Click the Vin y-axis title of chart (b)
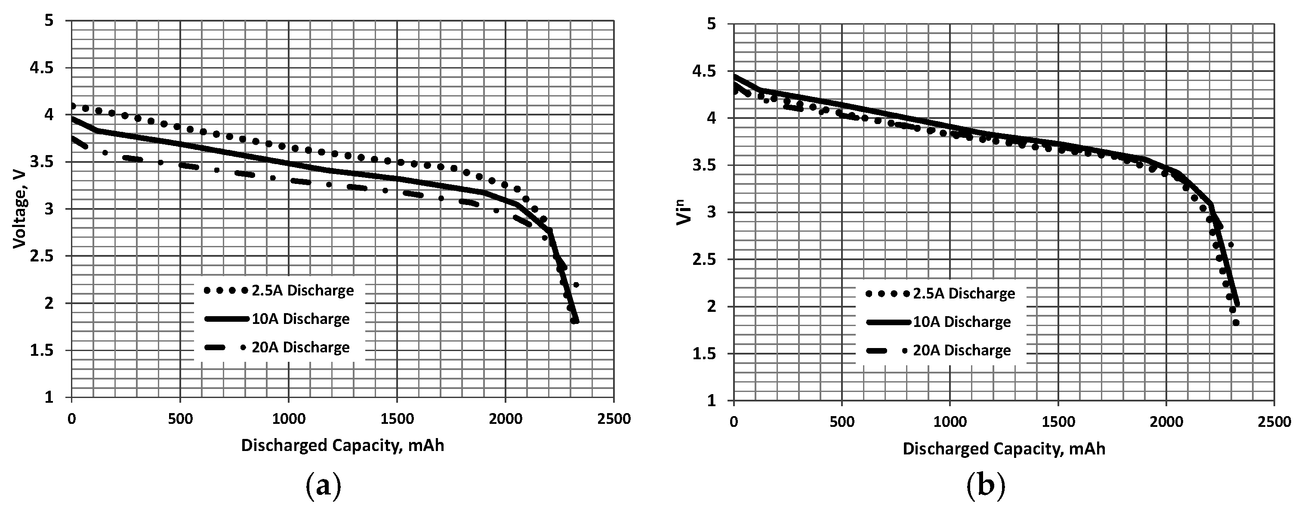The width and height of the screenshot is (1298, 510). [x=683, y=212]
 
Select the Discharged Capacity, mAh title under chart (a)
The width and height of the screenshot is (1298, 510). [x=342, y=445]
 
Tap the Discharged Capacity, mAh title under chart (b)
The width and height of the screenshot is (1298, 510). [x=1004, y=449]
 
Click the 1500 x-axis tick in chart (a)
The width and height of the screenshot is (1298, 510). [x=397, y=419]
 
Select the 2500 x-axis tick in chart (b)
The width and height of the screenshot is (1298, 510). [x=1274, y=422]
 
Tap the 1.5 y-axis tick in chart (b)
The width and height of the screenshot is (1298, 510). [x=704, y=354]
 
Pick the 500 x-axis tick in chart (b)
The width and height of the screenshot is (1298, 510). [x=842, y=422]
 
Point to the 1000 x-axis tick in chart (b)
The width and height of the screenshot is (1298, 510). [x=950, y=422]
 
